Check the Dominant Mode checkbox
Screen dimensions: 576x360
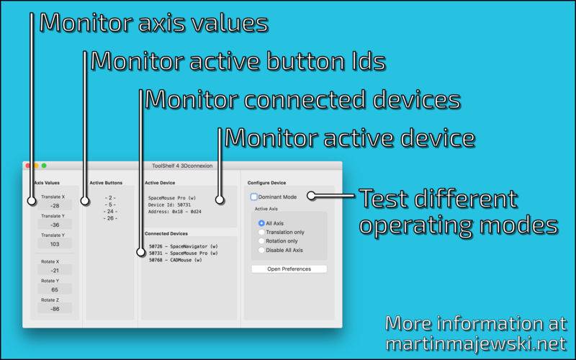[x=254, y=197]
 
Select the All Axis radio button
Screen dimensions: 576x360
[x=261, y=223]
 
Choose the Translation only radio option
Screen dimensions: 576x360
[x=261, y=232]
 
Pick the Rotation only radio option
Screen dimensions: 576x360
[x=261, y=241]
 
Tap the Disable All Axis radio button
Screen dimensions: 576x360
[x=261, y=250]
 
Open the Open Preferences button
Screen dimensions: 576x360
[x=289, y=269]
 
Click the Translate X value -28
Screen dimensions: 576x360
[x=55, y=206]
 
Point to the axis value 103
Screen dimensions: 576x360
[x=55, y=244]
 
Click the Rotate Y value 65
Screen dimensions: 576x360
[x=55, y=289]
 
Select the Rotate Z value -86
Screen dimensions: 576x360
[x=55, y=309]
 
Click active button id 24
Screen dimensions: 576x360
[x=110, y=211]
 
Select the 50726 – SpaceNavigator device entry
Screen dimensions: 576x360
[x=184, y=246]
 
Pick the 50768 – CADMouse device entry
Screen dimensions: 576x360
[x=176, y=260]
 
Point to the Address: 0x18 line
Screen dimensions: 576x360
[x=174, y=212]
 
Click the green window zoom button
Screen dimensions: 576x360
[x=44, y=166]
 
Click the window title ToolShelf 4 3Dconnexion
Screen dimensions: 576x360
[x=182, y=166]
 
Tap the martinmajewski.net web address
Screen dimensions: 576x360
[x=476, y=343]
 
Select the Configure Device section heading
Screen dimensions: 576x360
[x=266, y=183]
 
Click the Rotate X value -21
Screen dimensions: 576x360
[x=55, y=271]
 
